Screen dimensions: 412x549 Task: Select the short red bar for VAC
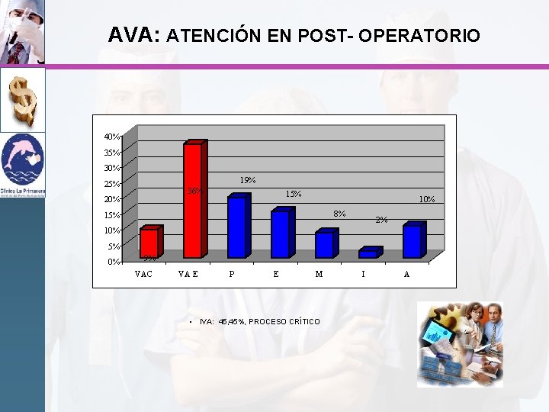[149, 243]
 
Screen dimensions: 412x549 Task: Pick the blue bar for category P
[236, 227]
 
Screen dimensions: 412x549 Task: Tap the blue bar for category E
[281, 233]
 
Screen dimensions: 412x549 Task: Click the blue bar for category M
[324, 245]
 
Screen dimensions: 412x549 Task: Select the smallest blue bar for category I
[368, 253]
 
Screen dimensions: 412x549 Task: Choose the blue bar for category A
[412, 241]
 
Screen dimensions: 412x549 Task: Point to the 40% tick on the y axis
[111, 137]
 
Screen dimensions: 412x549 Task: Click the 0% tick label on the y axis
[113, 262]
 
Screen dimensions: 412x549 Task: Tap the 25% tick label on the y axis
[111, 184]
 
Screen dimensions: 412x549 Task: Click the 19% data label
[247, 181]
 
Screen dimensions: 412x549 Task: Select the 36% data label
[194, 191]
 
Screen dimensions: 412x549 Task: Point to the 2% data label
[382, 220]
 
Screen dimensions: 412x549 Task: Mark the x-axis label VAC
[143, 274]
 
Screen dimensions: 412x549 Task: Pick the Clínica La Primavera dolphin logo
[23, 162]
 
